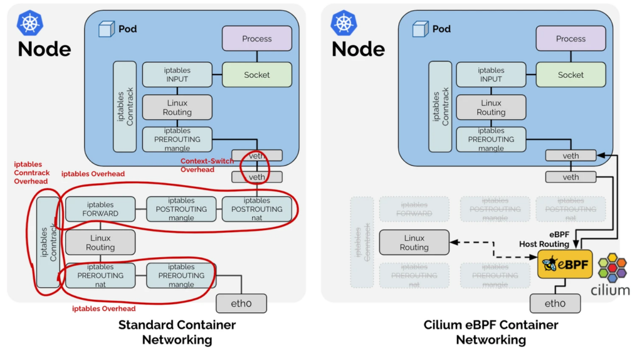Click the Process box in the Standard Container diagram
(256, 38)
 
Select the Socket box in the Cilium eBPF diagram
(571, 75)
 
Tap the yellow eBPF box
(565, 264)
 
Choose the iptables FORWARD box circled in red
(100, 209)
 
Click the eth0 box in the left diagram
(241, 304)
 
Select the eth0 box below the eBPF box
(555, 304)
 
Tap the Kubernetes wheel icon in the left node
(30, 23)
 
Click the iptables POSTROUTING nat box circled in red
(256, 209)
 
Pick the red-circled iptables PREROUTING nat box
(100, 275)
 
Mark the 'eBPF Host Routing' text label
(544, 239)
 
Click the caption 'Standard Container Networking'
(177, 332)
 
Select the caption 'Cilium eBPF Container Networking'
(491, 332)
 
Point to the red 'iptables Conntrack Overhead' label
(32, 172)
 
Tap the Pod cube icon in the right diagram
(420, 29)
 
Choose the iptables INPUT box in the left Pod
(177, 75)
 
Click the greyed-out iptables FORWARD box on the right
(414, 209)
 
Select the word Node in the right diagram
(358, 49)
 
